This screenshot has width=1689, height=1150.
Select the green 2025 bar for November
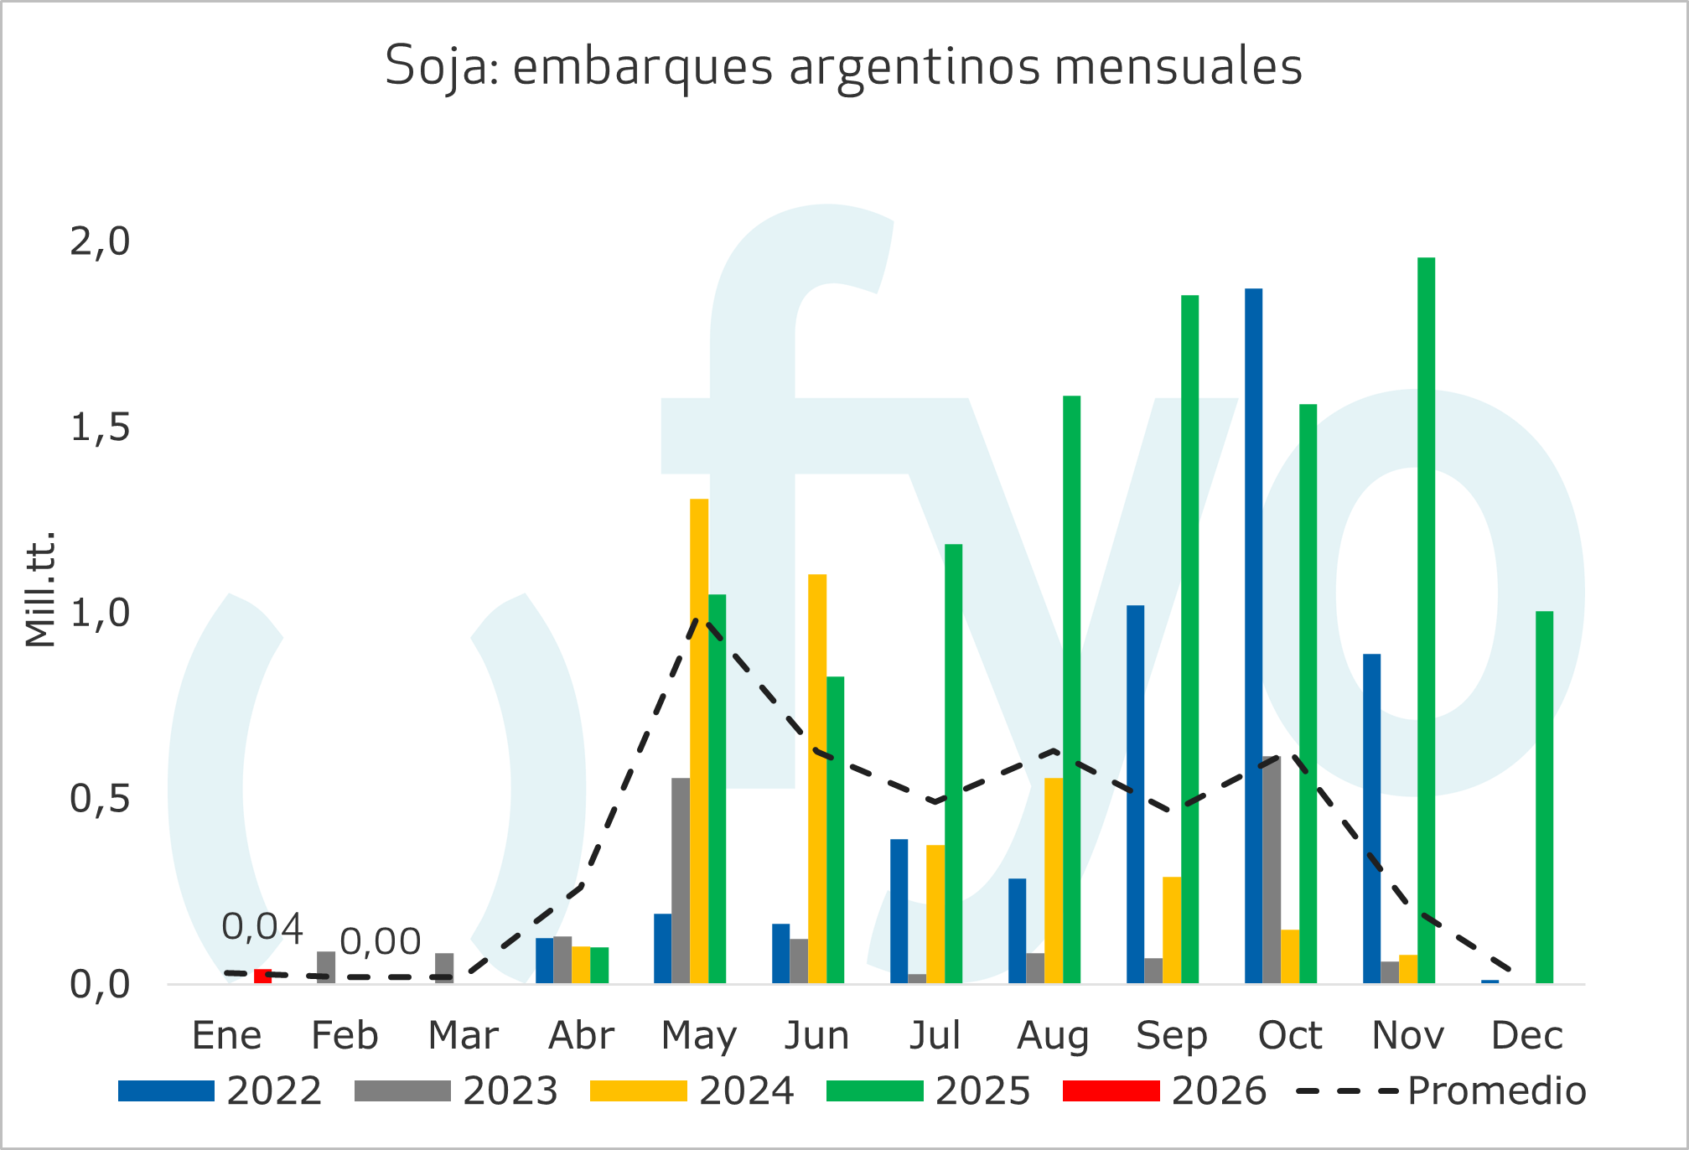click(x=1426, y=620)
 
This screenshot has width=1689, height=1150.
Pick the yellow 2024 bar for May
click(x=699, y=741)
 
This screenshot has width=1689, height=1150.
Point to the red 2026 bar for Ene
click(x=262, y=976)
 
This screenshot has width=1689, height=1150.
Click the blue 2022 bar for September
click(x=1135, y=794)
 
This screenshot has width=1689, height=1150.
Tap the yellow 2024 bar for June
click(x=817, y=779)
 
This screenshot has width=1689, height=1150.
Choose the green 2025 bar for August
click(x=1071, y=689)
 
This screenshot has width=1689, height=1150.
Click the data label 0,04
click(x=262, y=928)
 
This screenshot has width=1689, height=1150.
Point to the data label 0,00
click(x=380, y=942)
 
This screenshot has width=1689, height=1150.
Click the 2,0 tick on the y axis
click(x=100, y=242)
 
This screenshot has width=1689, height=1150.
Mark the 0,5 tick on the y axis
click(x=100, y=799)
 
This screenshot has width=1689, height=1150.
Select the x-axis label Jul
click(x=935, y=1036)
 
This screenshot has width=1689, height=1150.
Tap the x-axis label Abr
click(x=581, y=1036)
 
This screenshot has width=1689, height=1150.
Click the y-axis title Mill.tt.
click(x=39, y=588)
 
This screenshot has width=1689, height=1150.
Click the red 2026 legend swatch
click(x=1111, y=1090)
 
